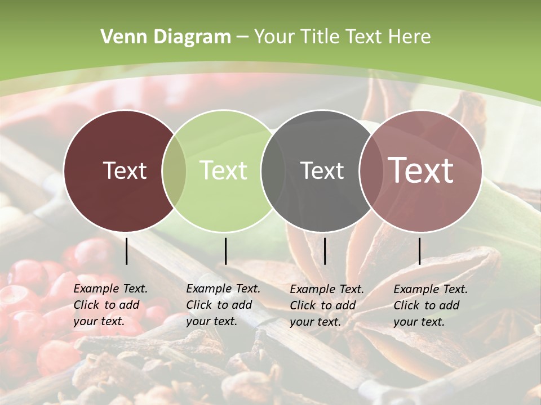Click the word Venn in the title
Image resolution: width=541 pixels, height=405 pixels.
(x=119, y=37)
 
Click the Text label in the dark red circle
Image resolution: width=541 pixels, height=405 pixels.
(x=125, y=170)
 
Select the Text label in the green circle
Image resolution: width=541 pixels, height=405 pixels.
(x=224, y=170)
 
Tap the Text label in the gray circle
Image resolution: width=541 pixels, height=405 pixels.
(x=322, y=170)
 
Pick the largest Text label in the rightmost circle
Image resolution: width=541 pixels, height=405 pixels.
(x=421, y=170)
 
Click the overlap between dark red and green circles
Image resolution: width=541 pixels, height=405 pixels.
(x=174, y=171)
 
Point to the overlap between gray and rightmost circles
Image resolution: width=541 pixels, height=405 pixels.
(x=371, y=171)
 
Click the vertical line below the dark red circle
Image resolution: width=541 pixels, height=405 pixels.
(x=127, y=251)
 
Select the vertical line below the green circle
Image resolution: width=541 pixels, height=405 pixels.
(x=225, y=251)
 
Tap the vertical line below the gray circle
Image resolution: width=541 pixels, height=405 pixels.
(x=325, y=251)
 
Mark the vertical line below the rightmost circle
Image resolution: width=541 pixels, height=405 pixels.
(x=419, y=251)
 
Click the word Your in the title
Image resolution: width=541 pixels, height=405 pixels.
(x=276, y=37)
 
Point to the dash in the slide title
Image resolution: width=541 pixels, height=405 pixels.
(x=242, y=37)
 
